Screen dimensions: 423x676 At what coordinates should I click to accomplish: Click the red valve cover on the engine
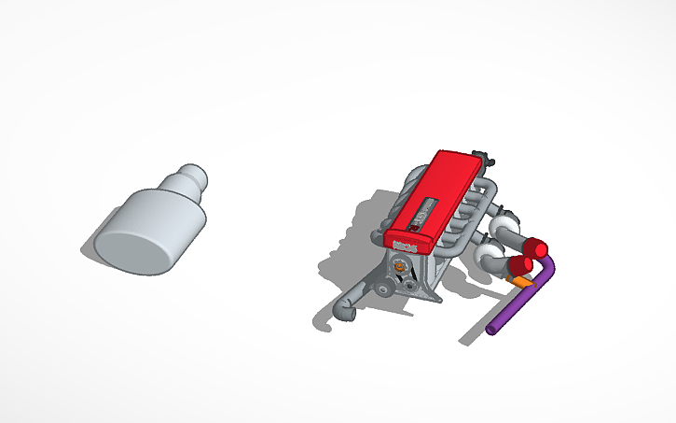pyautogui.click(x=438, y=192)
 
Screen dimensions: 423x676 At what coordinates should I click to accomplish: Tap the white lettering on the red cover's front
pyautogui.click(x=405, y=245)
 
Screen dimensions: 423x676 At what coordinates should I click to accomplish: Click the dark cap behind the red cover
pyautogui.click(x=479, y=155)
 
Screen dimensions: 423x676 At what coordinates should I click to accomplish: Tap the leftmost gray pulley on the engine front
pyautogui.click(x=383, y=289)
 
